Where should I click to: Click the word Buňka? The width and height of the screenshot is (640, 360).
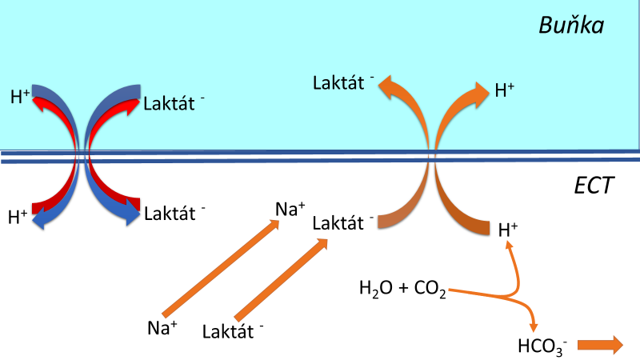coord(570,26)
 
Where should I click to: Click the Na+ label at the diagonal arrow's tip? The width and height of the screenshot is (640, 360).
coord(290,210)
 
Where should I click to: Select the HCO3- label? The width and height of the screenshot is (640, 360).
coord(543,346)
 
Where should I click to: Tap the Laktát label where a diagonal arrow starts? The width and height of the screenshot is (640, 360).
coord(233,330)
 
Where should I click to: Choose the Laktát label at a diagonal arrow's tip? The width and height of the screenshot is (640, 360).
coord(343,222)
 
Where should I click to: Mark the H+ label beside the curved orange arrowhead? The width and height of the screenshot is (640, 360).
coord(505,90)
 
